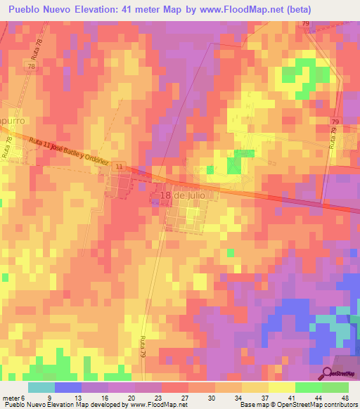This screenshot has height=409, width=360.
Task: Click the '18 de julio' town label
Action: click(x=186, y=195)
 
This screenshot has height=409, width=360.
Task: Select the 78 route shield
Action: click(x=31, y=65)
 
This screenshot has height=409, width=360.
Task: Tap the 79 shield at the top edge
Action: click(x=306, y=24)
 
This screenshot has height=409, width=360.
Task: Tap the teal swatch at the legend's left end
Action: click(x=41, y=387)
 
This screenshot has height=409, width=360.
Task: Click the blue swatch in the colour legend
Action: click(x=68, y=387)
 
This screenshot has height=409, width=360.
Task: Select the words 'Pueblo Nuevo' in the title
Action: click(x=39, y=9)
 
